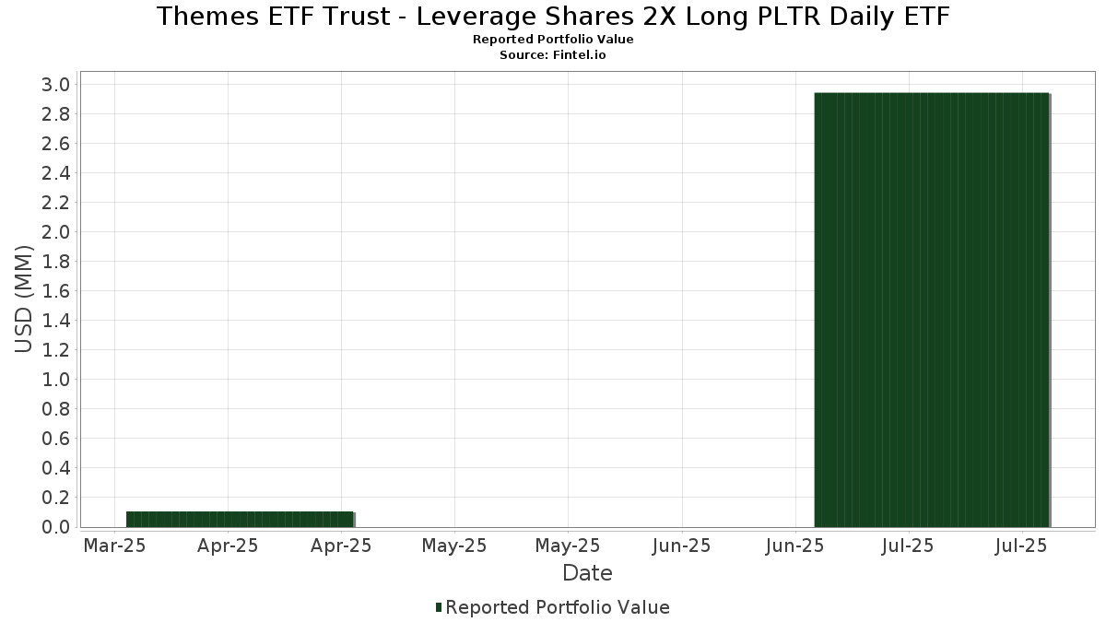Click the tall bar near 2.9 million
click(931, 310)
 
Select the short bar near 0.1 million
click(240, 519)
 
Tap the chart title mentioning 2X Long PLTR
click(553, 17)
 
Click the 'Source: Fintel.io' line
click(553, 54)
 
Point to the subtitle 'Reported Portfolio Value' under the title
click(553, 40)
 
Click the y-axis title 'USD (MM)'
click(25, 299)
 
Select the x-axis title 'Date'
click(587, 573)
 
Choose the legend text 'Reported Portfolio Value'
click(557, 607)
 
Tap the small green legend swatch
click(439, 607)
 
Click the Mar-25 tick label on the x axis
click(114, 546)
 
